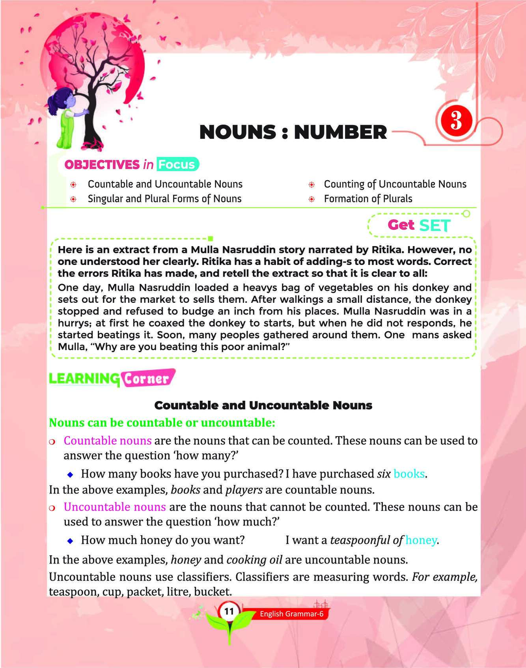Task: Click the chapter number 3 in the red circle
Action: (456, 120)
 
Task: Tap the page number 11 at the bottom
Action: (229, 611)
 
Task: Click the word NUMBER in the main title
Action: (340, 132)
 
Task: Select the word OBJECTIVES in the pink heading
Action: (102, 164)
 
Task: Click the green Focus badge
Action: (177, 164)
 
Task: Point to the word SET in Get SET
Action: (435, 226)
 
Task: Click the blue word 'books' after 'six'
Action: (409, 474)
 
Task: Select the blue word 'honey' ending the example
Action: (421, 540)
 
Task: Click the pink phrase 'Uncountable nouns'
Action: (114, 507)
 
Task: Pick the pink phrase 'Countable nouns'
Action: (107, 440)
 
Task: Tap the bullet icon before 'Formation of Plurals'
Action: (311, 199)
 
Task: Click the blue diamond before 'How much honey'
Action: (70, 541)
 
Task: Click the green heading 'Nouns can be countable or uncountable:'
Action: (162, 423)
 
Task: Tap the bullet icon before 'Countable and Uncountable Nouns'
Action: (73, 185)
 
